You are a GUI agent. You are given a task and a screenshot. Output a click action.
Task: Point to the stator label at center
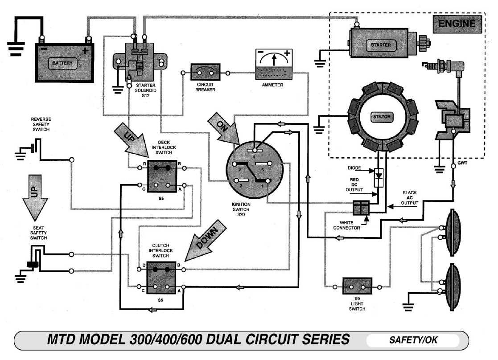(381, 117)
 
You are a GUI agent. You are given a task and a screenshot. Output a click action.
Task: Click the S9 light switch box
(357, 286)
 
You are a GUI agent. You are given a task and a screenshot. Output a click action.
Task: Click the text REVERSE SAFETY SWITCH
(41, 124)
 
